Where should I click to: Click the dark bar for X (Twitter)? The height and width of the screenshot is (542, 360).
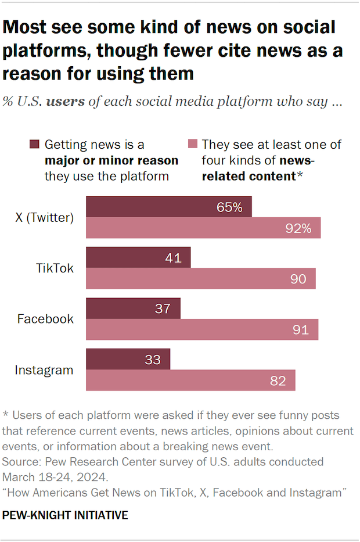tap(169, 207)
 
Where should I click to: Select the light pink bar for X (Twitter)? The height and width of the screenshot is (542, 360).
tap(203, 228)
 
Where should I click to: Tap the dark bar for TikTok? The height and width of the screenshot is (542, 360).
tap(138, 257)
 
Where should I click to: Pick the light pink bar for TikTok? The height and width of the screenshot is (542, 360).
tap(201, 279)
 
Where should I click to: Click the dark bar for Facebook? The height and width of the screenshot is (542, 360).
tap(133, 308)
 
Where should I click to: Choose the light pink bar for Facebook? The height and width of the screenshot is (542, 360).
tap(202, 330)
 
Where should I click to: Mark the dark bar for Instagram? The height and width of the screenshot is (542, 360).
tap(128, 359)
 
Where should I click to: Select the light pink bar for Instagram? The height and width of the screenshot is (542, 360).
tap(190, 381)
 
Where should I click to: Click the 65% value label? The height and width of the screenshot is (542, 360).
tap(230, 207)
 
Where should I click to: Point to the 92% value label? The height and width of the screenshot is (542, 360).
tap(299, 228)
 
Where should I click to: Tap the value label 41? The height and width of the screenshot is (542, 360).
tap(173, 257)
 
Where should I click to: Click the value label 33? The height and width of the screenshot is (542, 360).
tap(153, 359)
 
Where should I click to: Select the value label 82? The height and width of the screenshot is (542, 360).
tap(278, 381)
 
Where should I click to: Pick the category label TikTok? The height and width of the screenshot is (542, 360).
tap(54, 268)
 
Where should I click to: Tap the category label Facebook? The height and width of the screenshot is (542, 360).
tap(45, 319)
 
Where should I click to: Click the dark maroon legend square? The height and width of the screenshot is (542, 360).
tap(34, 145)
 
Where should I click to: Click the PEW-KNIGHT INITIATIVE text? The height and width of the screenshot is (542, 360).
tap(65, 515)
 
